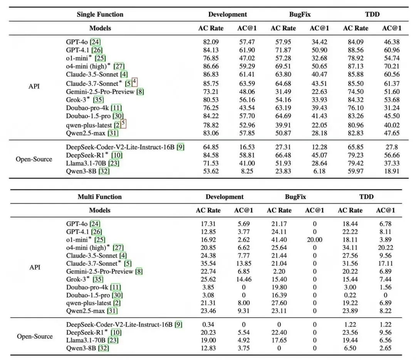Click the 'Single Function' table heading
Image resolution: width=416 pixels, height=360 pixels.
[100, 15]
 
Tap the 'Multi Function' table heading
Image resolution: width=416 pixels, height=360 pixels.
[99, 197]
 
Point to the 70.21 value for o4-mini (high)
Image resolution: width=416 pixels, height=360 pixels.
[392, 66]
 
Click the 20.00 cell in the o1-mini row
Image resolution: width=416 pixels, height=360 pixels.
[314, 239]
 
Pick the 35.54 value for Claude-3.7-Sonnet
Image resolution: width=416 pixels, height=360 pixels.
[208, 264]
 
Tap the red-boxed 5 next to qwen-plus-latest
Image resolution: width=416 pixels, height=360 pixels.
[123, 124]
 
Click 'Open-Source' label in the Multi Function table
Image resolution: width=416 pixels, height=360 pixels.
[35, 337]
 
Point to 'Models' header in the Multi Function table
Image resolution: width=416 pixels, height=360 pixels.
[100, 210]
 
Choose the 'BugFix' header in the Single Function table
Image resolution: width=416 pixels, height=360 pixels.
[300, 15]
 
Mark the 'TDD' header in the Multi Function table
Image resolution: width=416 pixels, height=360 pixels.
[366, 197]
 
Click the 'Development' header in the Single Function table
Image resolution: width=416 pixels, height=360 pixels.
[228, 15]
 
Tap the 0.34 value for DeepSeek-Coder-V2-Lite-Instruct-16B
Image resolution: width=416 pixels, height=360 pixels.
[208, 325]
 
